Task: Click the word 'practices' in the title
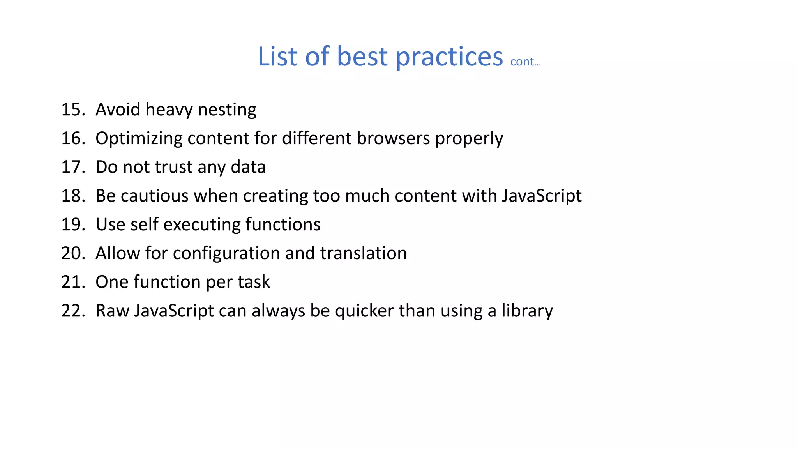[x=449, y=57]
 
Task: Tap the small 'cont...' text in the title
[x=525, y=62]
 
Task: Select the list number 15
[x=73, y=109]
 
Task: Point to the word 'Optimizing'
[x=139, y=139]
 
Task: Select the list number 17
[x=73, y=167]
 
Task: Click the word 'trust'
[x=173, y=167]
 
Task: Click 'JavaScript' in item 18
[x=542, y=196]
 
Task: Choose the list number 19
[x=73, y=224]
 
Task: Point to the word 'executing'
[x=202, y=225]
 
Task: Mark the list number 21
[x=73, y=282]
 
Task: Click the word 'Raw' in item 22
[x=112, y=311]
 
